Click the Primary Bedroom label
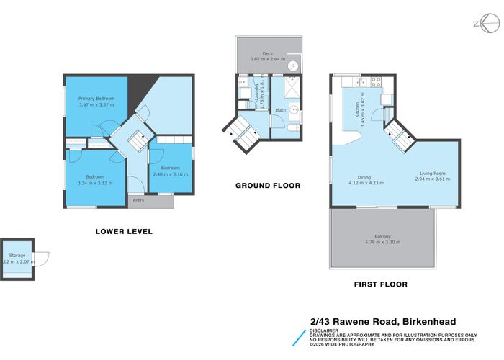[96, 98]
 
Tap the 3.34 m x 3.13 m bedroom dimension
[95, 183]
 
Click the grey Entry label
[138, 200]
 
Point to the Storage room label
[17, 256]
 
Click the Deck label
[267, 53]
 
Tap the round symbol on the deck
[293, 66]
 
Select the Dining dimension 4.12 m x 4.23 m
[366, 183]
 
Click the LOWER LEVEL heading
[124, 232]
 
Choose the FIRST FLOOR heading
[380, 284]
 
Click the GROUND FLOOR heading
[268, 185]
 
